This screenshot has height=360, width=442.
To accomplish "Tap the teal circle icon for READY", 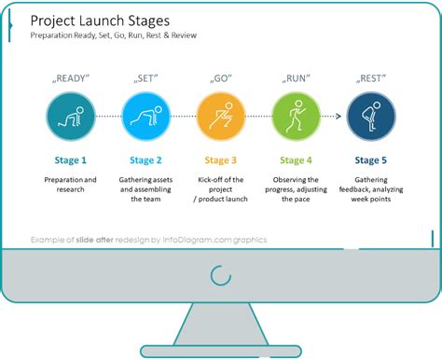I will (x=70, y=118).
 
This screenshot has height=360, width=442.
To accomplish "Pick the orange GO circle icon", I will (x=220, y=118).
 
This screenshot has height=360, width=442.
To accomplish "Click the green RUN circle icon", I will (x=296, y=118).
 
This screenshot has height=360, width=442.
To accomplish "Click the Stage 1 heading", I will (x=70, y=160).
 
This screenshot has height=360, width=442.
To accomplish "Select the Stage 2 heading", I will (x=145, y=160).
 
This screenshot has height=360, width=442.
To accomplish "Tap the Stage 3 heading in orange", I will (x=220, y=160).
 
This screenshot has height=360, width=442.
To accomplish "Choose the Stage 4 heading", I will (x=296, y=160).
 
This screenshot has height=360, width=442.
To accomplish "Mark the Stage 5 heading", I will (x=371, y=160).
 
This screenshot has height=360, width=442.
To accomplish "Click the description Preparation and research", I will (x=70, y=184).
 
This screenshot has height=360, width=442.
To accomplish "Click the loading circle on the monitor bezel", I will (x=221, y=275).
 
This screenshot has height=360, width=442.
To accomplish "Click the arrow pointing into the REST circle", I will (x=341, y=118).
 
